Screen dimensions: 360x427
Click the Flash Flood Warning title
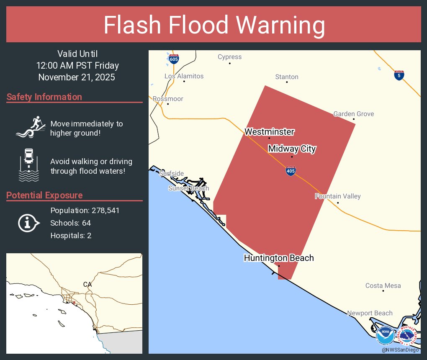pos(214,25)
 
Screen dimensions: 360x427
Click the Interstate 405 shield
pos(290,170)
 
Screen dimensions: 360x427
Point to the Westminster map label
pos(269,132)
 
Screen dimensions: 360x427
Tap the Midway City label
pos(292,149)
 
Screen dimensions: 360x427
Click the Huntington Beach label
pos(279,258)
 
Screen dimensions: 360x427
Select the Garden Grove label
pos(353,114)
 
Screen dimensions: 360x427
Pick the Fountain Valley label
pos(337,196)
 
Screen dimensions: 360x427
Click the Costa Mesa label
pos(383,285)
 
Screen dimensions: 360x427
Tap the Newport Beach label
pos(370,313)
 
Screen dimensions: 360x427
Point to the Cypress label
pos(229,57)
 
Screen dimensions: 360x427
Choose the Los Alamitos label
pos(184,76)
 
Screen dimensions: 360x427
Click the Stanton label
pos(287,77)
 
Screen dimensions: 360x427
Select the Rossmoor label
pos(168,99)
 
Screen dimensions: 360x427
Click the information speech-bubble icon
pos(28,223)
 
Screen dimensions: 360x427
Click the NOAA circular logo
pos(385,336)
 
